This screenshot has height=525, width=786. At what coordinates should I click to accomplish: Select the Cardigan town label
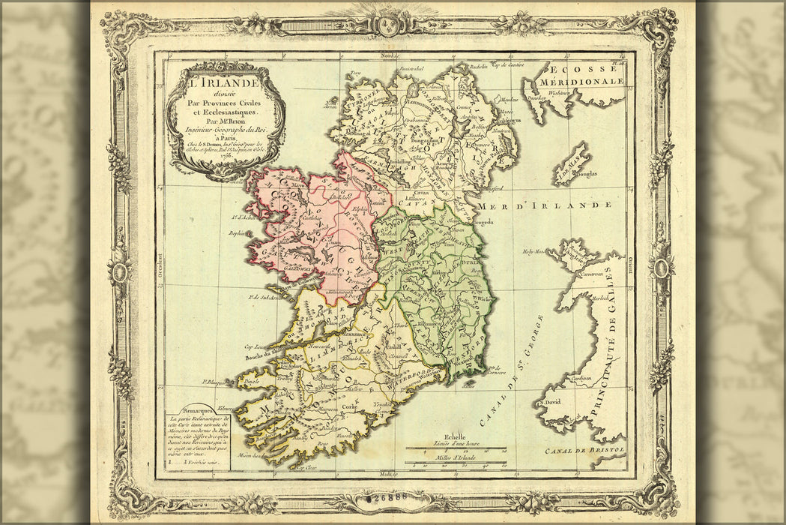[580, 378]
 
